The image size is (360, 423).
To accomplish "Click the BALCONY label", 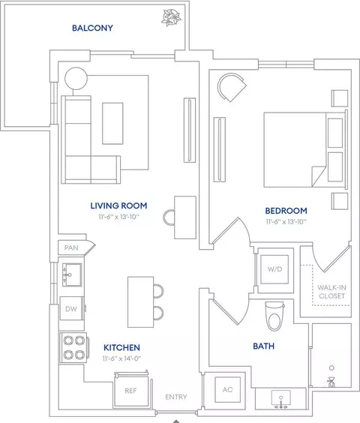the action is click(92, 28).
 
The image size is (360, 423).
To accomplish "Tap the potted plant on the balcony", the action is click(171, 18).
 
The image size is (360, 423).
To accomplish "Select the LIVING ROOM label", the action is click(118, 205).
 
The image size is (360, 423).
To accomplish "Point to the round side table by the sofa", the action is click(76, 79).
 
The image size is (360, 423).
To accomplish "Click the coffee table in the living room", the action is click(112, 123).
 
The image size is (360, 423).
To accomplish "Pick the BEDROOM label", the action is click(286, 211).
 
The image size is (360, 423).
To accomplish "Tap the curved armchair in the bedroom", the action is click(232, 87).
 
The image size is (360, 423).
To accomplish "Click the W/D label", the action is click(274, 269).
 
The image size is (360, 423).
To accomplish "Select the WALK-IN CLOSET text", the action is click(331, 292).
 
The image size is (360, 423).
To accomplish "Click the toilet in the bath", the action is click(274, 316).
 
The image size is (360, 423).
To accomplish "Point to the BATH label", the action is click(264, 346).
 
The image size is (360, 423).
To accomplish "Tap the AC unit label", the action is click(227, 389).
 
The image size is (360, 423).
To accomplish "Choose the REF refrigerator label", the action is click(130, 391).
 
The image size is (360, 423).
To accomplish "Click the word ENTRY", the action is click(176, 397).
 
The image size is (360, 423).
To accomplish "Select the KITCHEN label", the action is click(121, 347).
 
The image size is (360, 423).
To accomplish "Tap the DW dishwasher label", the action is click(71, 309).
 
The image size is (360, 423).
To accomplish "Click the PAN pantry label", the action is click(71, 247).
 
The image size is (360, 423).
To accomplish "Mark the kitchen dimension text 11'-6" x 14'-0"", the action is click(121, 358).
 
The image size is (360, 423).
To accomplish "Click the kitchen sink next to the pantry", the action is click(72, 274).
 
